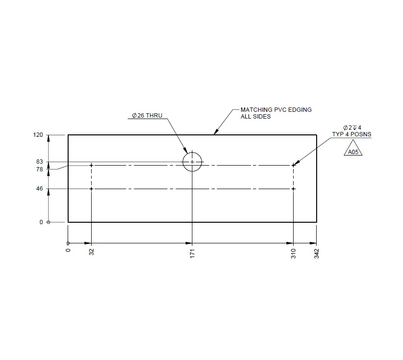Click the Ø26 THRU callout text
pyautogui.click(x=147, y=116)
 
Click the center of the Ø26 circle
pyautogui.click(x=192, y=162)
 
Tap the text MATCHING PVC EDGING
pyautogui.click(x=276, y=110)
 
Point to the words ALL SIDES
pyautogui.click(x=255, y=117)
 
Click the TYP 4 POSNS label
pyautogui.click(x=352, y=134)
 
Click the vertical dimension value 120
pyautogui.click(x=38, y=135)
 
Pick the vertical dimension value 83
pyautogui.click(x=39, y=162)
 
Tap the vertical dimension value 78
pyautogui.click(x=39, y=169)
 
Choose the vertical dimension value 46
pyautogui.click(x=39, y=189)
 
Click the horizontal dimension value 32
pyautogui.click(x=91, y=252)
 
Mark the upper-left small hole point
pyautogui.click(x=91, y=166)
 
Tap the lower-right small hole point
pyautogui.click(x=293, y=189)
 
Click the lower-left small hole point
pyautogui.click(x=91, y=189)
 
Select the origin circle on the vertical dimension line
pyautogui.click(x=48, y=222)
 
